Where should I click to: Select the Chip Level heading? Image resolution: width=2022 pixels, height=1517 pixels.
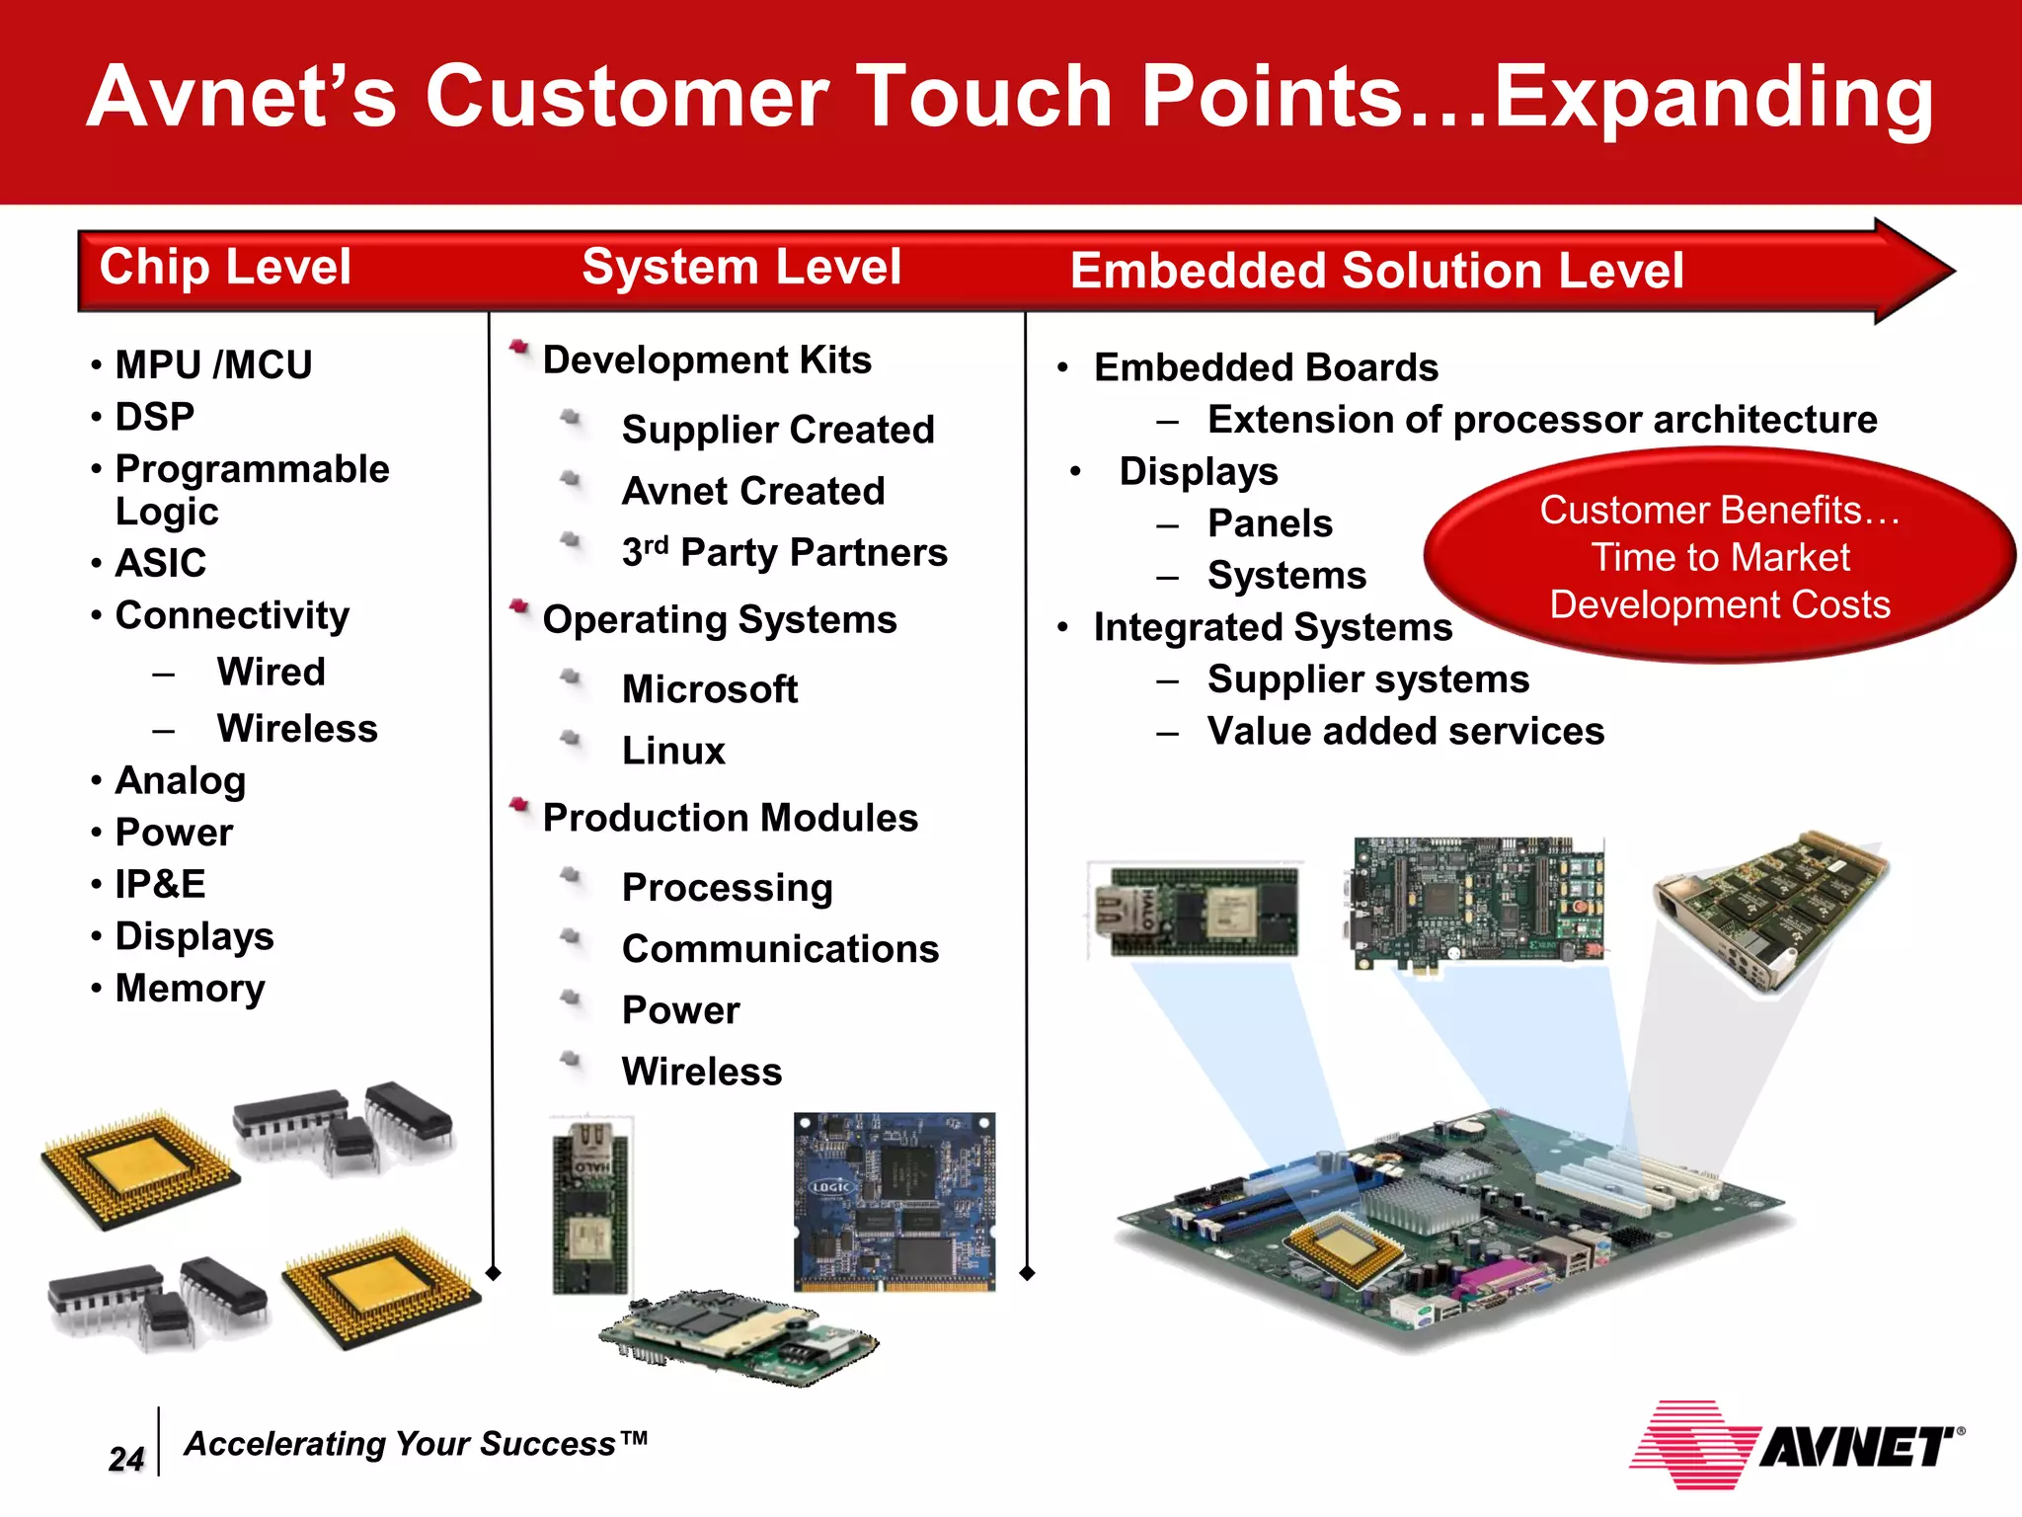point(225,267)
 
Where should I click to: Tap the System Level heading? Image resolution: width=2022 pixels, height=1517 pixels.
point(740,267)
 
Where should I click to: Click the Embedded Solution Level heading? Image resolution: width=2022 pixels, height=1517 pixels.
point(1376,271)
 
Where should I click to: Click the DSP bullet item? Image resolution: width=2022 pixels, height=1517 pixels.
point(154,417)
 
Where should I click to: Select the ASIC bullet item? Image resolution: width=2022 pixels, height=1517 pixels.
point(160,563)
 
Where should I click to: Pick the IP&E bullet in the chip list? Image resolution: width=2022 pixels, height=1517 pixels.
point(160,884)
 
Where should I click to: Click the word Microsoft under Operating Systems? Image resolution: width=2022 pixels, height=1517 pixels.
point(709,689)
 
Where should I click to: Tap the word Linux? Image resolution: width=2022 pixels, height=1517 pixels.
point(673,751)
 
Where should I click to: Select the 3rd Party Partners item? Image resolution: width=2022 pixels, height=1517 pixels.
point(784,553)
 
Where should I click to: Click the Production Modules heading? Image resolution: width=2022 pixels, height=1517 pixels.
point(730,818)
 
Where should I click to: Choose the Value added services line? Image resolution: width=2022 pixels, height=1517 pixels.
point(1405,732)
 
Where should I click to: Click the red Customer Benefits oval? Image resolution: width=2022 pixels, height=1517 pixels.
point(1719,557)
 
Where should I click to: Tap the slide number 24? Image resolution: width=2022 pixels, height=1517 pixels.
point(126,1459)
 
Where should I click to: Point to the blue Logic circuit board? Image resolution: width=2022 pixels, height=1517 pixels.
point(894,1202)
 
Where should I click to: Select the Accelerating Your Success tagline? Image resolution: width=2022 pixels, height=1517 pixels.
point(416,1444)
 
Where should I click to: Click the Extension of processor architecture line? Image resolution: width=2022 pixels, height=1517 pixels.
point(1541,420)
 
